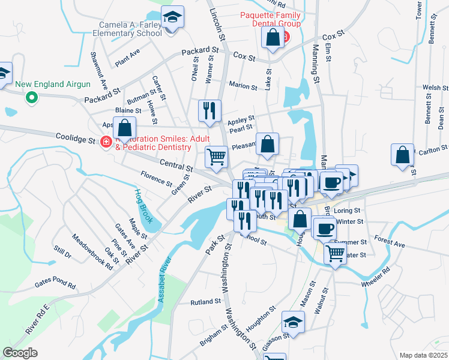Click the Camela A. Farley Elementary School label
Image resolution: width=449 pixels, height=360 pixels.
(131, 29)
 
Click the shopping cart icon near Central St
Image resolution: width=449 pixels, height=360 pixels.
(216, 157)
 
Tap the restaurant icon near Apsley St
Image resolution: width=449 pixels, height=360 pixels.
(209, 110)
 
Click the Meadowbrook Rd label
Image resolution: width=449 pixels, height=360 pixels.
(92, 252)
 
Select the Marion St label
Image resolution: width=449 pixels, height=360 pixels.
(243, 86)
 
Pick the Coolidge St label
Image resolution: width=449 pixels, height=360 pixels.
(75, 140)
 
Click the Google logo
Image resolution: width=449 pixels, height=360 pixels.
(20, 353)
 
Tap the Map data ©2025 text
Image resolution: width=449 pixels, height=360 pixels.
(423, 355)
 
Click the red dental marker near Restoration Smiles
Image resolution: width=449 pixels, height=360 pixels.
(106, 142)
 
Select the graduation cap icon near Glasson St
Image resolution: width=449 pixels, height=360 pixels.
(294, 324)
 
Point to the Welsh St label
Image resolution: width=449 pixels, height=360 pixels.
(435, 88)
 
